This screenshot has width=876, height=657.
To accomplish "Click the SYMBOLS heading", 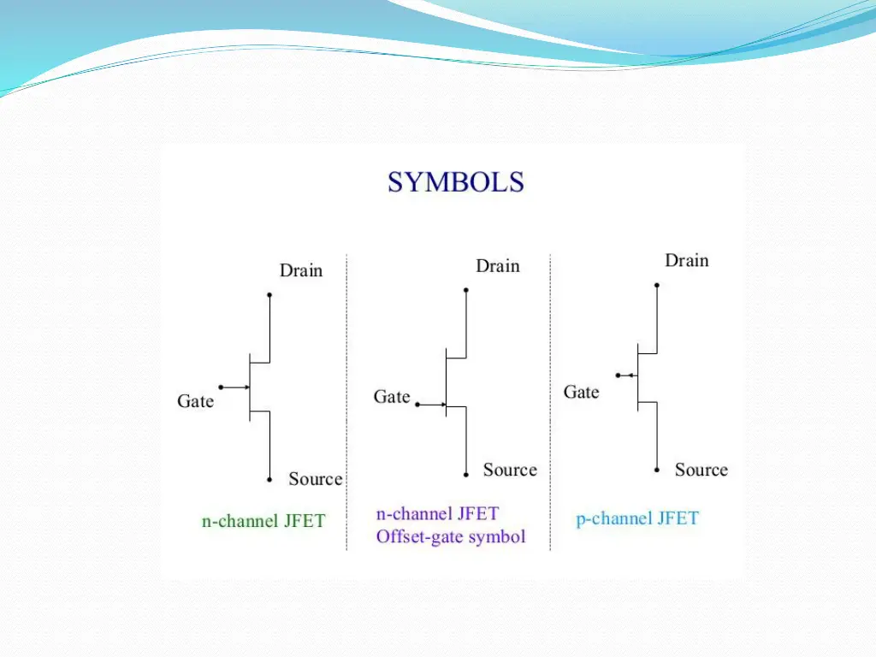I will pos(455,182).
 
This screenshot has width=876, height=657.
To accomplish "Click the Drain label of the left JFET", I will pos(301,270).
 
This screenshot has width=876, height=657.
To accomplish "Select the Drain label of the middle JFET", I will pos(498,266).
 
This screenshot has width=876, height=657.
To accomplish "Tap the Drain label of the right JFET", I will pos(687,260).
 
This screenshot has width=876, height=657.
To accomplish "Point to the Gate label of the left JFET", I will pos(195,401).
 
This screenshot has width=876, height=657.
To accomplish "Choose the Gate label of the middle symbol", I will pos(392,397).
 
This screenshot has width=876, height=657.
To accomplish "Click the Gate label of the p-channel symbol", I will pos(581,393).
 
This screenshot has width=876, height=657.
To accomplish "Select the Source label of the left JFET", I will pos(315,479).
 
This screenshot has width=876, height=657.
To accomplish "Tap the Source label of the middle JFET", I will pos(510,470).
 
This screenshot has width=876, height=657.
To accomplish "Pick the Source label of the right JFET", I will pos(701,470).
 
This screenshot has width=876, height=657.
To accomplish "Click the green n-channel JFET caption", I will pos(263,521).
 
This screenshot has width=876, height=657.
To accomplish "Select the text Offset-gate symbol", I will pos(451,537).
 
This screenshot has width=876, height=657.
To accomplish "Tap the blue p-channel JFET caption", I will pos(637,518).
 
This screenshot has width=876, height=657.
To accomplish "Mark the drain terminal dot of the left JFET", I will pos(269,295).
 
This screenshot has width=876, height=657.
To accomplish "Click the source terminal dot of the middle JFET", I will pos(466,474).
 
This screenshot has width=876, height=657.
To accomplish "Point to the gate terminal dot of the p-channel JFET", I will pos(618,375).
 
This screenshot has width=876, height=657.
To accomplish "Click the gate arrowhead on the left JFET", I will pos(246,388).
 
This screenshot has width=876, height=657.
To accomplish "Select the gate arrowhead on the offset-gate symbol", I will pos(442,405).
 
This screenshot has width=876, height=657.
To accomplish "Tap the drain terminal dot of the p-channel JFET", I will pos(657,285).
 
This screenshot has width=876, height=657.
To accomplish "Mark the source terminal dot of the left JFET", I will pos(269,480).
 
